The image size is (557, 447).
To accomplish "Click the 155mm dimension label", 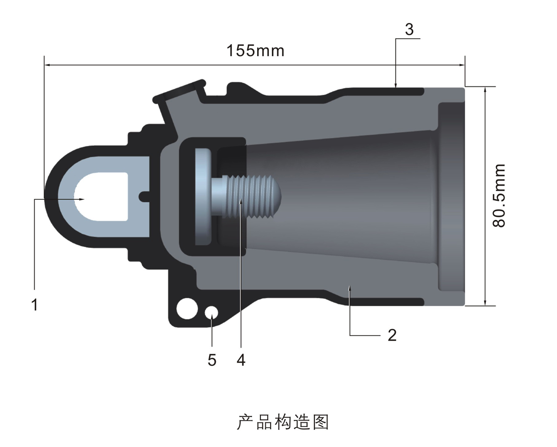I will [x=255, y=50].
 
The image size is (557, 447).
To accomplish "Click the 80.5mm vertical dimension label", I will [x=499, y=195].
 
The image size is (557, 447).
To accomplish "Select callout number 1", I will [x=34, y=305].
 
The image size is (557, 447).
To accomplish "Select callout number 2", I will [x=392, y=335].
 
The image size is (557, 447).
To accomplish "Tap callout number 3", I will [x=409, y=30].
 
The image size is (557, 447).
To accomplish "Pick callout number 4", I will [x=240, y=360].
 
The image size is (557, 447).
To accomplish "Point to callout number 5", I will [x=212, y=360].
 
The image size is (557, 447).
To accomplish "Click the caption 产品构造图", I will [x=283, y=421].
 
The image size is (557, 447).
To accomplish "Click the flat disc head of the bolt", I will [x=203, y=196].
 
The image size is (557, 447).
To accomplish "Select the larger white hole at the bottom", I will [x=187, y=309].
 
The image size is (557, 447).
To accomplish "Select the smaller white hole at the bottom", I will [x=212, y=312].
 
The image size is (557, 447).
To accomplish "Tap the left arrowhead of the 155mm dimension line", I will [x=47, y=65].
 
